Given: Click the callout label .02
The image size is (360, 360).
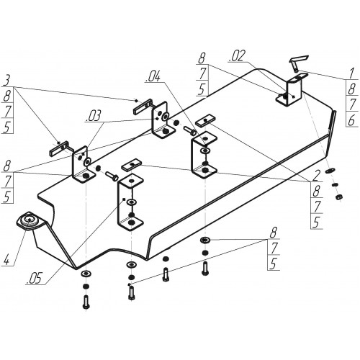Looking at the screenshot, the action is point(237,56).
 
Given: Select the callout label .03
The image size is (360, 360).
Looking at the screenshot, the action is point(94,116).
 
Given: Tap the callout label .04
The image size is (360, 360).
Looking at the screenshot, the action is point(153,76).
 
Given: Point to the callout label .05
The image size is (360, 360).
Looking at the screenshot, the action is point(34,279).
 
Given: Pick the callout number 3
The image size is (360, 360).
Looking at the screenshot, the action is point(6,81).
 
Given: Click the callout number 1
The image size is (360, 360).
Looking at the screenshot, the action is point(351,73).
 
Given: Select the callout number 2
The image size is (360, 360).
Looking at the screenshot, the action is point(316,176).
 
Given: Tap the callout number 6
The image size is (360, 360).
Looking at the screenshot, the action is point(351,121).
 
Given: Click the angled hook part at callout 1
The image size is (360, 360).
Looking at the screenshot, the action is point(298,62).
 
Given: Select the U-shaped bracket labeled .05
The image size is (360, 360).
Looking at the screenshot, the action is point(130,202).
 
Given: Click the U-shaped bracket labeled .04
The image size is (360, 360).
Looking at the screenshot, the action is point(204,154).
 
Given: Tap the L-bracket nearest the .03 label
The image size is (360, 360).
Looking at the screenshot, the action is point(84,165).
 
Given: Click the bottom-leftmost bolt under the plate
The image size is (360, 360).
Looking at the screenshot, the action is point(86,302).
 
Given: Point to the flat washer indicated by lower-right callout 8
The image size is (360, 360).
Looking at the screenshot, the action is point(205,240).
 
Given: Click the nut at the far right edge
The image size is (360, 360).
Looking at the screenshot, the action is point(339,197).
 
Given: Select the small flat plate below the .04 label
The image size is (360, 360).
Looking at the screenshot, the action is point(205,120).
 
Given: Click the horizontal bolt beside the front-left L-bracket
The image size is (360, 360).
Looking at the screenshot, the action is point(112,176).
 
